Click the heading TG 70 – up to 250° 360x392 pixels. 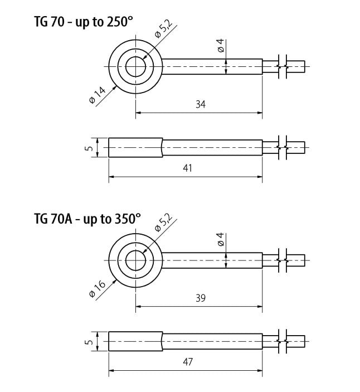click(83, 22)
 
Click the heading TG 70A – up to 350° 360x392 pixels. click(87, 219)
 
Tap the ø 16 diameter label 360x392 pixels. click(98, 289)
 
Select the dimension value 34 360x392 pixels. click(201, 104)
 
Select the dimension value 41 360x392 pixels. click(188, 168)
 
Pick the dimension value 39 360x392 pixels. click(201, 298)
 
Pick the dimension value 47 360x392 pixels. click(188, 362)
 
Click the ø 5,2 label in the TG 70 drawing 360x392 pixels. click(164, 29)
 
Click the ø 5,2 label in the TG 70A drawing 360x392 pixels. click(164, 222)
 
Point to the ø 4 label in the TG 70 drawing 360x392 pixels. click(221, 46)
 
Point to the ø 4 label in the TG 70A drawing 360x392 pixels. click(221, 239)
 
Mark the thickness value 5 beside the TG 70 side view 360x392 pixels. click(89, 148)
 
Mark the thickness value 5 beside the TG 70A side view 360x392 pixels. click(89, 341)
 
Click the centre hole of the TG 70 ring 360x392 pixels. click(135, 67)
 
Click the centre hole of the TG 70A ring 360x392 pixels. click(135, 260)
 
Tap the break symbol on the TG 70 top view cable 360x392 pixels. click(283, 66)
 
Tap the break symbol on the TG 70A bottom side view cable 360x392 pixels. click(283, 341)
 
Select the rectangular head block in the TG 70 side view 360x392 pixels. click(135, 148)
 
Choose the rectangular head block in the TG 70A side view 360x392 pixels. click(135, 341)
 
